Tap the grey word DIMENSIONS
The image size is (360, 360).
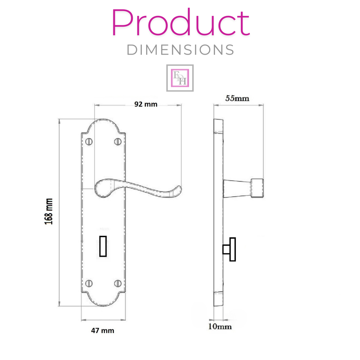(x=180, y=50)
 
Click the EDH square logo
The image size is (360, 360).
(x=180, y=78)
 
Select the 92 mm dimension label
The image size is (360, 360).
(x=146, y=104)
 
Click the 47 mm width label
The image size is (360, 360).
(x=102, y=330)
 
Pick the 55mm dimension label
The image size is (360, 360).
(x=237, y=98)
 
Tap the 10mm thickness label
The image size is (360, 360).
(x=220, y=327)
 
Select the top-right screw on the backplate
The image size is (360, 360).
(x=117, y=141)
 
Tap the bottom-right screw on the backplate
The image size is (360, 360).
(x=117, y=283)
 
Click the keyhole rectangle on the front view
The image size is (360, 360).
(x=103, y=246)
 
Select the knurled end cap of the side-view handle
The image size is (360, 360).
(x=257, y=188)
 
